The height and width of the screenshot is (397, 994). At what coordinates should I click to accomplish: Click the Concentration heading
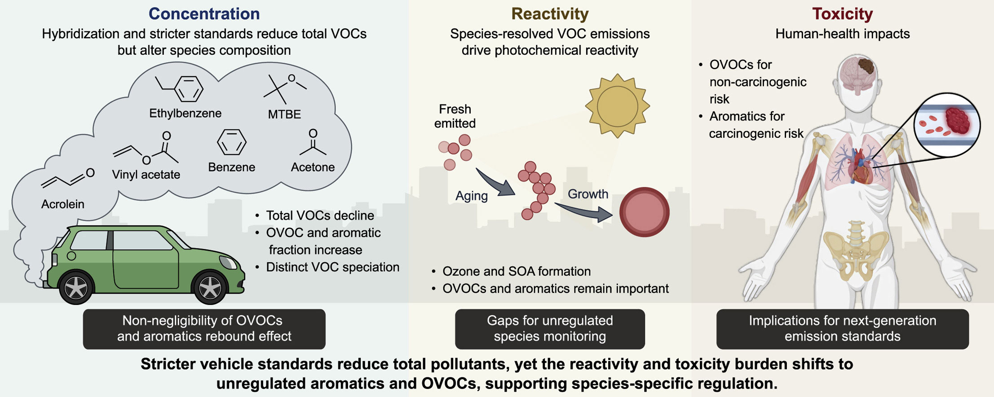[204, 13]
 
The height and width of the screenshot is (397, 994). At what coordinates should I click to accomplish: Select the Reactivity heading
[550, 14]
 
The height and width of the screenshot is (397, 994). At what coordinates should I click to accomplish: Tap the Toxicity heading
[842, 14]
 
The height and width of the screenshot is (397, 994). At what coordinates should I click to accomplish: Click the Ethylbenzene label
[185, 113]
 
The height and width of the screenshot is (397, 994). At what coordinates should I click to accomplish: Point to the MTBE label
[284, 114]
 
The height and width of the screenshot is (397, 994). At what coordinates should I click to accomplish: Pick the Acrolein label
[63, 204]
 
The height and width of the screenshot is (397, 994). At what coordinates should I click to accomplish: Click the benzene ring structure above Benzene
[232, 142]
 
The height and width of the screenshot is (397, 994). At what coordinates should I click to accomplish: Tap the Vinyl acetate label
[146, 174]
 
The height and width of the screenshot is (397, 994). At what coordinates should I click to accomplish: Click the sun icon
[618, 106]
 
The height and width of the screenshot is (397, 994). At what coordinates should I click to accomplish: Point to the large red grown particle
[645, 212]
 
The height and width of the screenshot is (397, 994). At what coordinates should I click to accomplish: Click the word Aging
[472, 196]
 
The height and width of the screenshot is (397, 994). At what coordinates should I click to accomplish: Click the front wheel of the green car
[210, 287]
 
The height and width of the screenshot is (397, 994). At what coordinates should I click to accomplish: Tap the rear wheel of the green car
[76, 288]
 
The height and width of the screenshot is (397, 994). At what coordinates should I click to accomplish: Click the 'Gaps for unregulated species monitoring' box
[550, 329]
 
